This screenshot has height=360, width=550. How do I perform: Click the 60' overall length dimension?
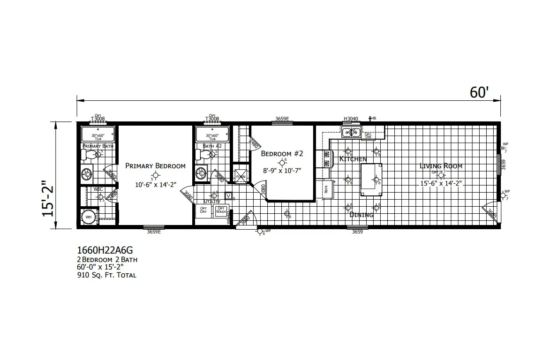(x=479, y=93)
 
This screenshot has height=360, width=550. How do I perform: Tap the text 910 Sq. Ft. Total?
(x=106, y=275)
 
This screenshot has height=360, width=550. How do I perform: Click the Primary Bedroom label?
(x=155, y=166)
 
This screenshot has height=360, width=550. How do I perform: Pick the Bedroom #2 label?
(x=282, y=153)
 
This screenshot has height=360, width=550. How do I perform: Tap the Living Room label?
(x=441, y=166)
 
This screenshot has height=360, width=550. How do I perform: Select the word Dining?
(x=362, y=215)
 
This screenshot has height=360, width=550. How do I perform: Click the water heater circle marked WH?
(x=88, y=217)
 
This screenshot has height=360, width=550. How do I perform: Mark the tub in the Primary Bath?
(x=98, y=135)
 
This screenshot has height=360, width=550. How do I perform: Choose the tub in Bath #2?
(x=212, y=135)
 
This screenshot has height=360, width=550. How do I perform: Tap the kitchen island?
(x=370, y=180)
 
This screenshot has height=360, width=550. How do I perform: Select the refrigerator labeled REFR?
(x=327, y=189)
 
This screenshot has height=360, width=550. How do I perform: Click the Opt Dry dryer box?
(x=203, y=211)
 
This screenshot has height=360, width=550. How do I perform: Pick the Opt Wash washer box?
(x=220, y=211)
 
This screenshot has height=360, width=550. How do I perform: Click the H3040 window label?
(x=351, y=119)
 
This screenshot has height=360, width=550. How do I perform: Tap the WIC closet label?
(x=98, y=189)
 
